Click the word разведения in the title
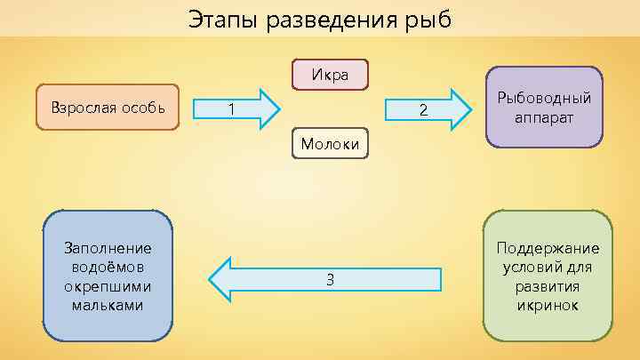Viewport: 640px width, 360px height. click(x=336, y=19)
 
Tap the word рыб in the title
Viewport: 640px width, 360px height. click(x=429, y=19)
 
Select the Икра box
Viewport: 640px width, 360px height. click(x=330, y=74)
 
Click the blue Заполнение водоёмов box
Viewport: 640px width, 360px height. click(x=108, y=276)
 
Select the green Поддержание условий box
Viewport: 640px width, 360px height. click(x=548, y=276)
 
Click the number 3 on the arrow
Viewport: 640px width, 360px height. click(x=330, y=280)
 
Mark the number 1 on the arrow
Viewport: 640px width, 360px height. click(x=231, y=109)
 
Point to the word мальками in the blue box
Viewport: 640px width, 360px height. click(x=108, y=305)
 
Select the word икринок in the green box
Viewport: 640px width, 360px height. click(x=548, y=305)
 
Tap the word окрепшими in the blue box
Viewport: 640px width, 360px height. click(x=108, y=286)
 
